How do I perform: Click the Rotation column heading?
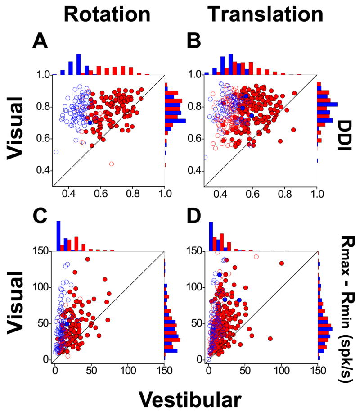[x=107, y=15]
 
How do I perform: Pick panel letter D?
[x=194, y=219]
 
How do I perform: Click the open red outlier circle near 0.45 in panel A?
[x=112, y=163]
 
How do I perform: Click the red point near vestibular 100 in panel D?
[x=282, y=263]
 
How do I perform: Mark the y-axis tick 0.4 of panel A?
[x=42, y=171]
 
